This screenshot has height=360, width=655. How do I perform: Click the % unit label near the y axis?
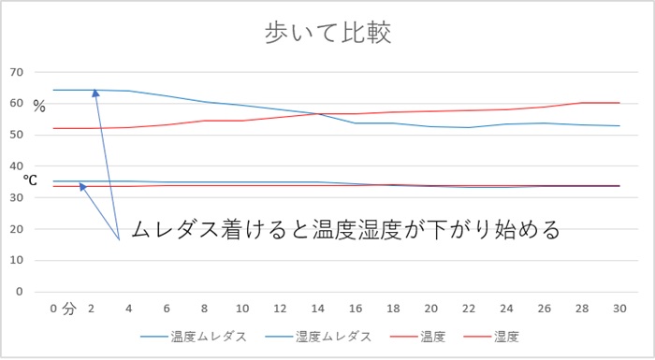[39, 107]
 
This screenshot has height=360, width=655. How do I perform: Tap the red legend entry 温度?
[429, 336]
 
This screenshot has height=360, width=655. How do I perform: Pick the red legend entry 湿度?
[506, 336]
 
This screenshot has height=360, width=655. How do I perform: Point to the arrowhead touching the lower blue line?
[84, 185]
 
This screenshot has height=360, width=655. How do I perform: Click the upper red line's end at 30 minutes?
[619, 103]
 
